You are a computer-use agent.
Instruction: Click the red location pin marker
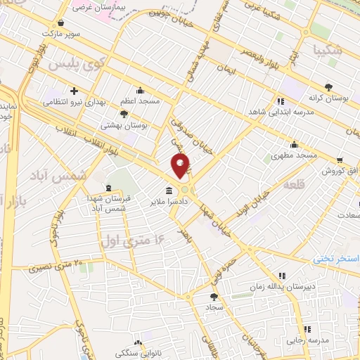(x=181, y=166)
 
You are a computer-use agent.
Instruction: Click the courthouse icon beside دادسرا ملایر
(x=169, y=191)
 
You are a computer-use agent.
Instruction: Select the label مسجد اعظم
(x=141, y=101)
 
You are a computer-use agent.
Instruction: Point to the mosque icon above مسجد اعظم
(x=141, y=91)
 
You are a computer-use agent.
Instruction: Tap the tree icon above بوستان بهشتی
(x=124, y=113)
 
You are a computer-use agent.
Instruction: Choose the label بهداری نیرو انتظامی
(x=75, y=102)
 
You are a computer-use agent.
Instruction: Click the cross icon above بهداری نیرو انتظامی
(x=75, y=91)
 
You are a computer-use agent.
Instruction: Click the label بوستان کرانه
(x=325, y=98)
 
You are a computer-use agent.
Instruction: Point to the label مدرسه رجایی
(x=306, y=340)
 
